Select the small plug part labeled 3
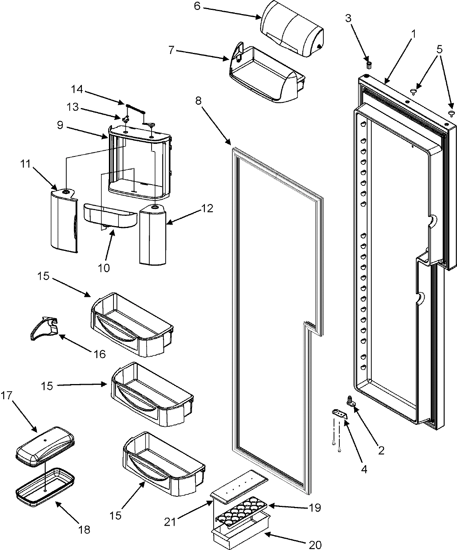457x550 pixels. coord(368,61)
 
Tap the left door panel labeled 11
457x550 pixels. coord(64,221)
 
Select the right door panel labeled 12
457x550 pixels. coord(153,235)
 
